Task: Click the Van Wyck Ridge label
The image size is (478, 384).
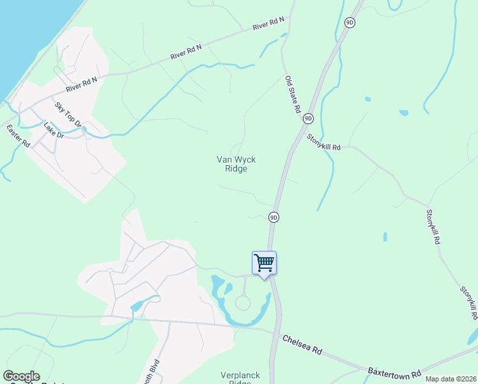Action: tap(232, 164)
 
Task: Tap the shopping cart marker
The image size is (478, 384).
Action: tap(265, 262)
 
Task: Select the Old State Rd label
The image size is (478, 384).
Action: tap(293, 95)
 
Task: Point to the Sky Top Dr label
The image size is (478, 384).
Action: tap(68, 114)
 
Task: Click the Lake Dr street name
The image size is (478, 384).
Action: tap(54, 131)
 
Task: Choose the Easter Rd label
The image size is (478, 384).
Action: tap(19, 136)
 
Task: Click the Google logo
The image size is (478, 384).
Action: tap(21, 376)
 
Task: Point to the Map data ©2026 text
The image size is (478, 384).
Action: tap(450, 379)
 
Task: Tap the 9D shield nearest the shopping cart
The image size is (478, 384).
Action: tap(274, 217)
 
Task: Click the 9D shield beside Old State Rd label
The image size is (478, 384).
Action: tap(308, 118)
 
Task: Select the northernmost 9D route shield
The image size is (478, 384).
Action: tap(349, 22)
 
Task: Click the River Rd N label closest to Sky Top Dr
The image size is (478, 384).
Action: tap(82, 83)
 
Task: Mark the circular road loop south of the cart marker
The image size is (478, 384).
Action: tap(243, 303)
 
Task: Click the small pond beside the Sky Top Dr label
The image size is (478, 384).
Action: tap(84, 129)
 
